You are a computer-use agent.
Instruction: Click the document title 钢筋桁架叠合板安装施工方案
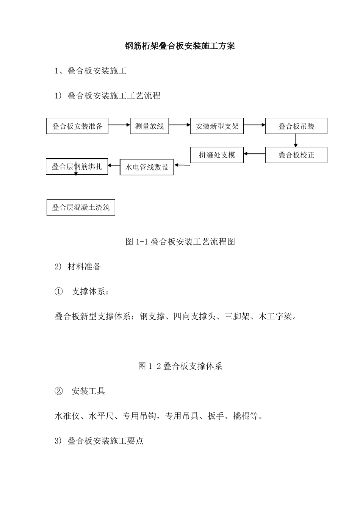coord(180,46)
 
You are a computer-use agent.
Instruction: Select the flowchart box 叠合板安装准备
coord(77,126)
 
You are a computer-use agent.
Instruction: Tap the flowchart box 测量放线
coord(149,126)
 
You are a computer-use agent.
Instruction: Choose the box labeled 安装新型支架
coord(217,126)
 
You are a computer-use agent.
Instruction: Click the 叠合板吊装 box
coord(296,126)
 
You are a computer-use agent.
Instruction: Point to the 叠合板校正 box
coord(296,155)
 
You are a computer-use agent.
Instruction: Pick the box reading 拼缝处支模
coord(217,155)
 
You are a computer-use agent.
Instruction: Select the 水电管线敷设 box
coord(147,167)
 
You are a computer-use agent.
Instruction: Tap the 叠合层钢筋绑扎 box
coord(77,167)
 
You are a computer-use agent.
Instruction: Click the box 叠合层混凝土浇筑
coord(81,208)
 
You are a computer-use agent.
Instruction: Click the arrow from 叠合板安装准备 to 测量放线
coord(119,124)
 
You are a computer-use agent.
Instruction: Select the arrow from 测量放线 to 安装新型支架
coord(179,124)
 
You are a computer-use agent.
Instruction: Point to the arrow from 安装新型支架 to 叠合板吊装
coord(254,124)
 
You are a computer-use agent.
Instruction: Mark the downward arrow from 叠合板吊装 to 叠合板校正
coord(296,140)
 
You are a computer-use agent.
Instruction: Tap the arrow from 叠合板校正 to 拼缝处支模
coord(254,154)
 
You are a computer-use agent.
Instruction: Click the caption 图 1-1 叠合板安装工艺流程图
coord(180,242)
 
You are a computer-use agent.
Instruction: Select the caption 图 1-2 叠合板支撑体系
coord(180,366)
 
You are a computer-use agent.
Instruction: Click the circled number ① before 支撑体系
coord(58,292)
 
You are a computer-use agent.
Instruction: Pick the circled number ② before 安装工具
coord(58,391)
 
